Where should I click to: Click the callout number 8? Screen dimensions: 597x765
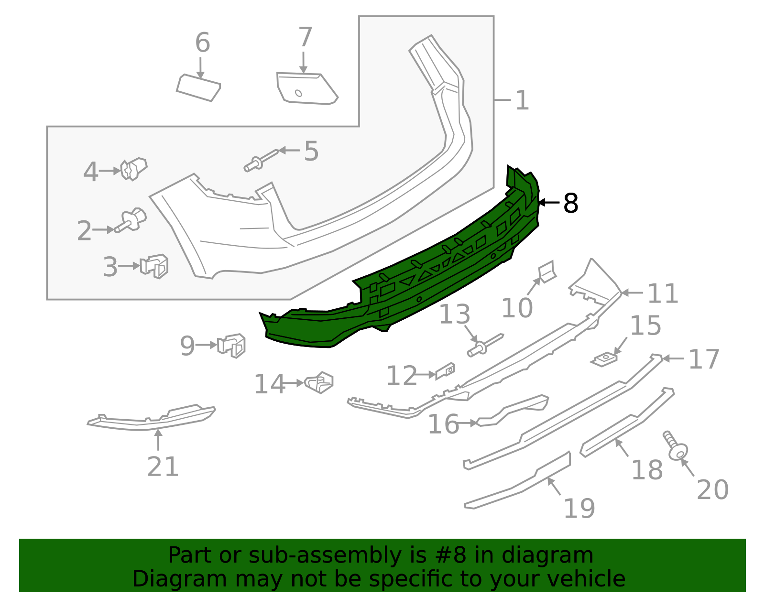(x=571, y=203)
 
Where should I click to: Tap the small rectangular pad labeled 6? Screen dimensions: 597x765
(x=198, y=88)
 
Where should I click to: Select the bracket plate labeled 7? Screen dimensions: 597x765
(x=306, y=89)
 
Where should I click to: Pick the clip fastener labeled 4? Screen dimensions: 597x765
(x=133, y=169)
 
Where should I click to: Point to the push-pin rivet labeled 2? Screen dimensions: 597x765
(x=131, y=221)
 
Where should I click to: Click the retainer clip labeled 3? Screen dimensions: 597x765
(x=154, y=266)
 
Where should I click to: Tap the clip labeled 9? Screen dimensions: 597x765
(x=231, y=345)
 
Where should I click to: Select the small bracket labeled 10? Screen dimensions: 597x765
(x=547, y=271)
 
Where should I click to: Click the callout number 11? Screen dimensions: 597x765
(x=663, y=293)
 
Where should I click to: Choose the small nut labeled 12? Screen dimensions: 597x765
(x=445, y=371)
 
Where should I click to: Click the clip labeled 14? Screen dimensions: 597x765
(x=319, y=382)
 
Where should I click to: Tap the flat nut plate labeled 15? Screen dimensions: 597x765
(x=605, y=358)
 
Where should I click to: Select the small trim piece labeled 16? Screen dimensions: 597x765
(x=514, y=410)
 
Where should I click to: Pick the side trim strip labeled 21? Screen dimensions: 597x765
(x=153, y=418)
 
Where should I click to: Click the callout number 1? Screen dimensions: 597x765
(x=522, y=101)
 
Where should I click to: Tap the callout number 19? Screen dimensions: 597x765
(x=579, y=508)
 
